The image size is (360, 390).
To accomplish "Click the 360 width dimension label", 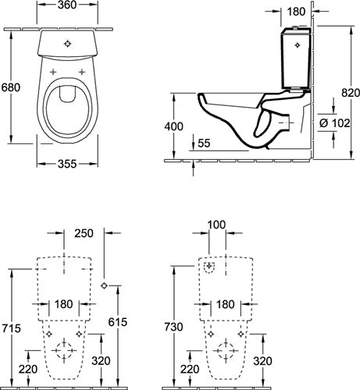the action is click(67, 5).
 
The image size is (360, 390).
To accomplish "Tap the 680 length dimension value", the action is click(11, 87).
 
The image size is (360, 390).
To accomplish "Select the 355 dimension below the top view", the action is click(67, 164).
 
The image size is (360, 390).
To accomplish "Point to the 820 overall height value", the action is click(351, 93).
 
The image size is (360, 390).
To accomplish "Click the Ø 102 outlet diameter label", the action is click(335, 123).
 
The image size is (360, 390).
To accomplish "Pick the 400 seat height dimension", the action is click(173, 126).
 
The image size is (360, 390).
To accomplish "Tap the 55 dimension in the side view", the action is click(204, 144).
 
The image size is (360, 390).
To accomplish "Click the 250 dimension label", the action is click(84, 233).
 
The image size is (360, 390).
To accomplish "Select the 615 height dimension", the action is click(118, 322).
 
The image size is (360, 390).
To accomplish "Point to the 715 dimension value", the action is click(12, 328).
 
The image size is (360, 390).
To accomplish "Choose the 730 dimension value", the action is click(173, 327).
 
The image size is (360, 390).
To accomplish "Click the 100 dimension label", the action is click(217, 225).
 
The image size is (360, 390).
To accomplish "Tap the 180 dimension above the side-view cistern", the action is click(297, 12).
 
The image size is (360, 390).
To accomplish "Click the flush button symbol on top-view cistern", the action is click(67, 44).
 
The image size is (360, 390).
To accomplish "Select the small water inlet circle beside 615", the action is click(104, 285).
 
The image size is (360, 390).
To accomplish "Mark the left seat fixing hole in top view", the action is click(53, 72).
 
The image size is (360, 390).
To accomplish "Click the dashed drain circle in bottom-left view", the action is click(64, 350).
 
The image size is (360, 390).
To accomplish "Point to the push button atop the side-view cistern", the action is click(294, 27).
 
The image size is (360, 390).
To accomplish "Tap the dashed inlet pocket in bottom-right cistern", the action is click(209, 268).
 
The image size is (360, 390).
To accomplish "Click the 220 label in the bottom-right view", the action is click(190, 369).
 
